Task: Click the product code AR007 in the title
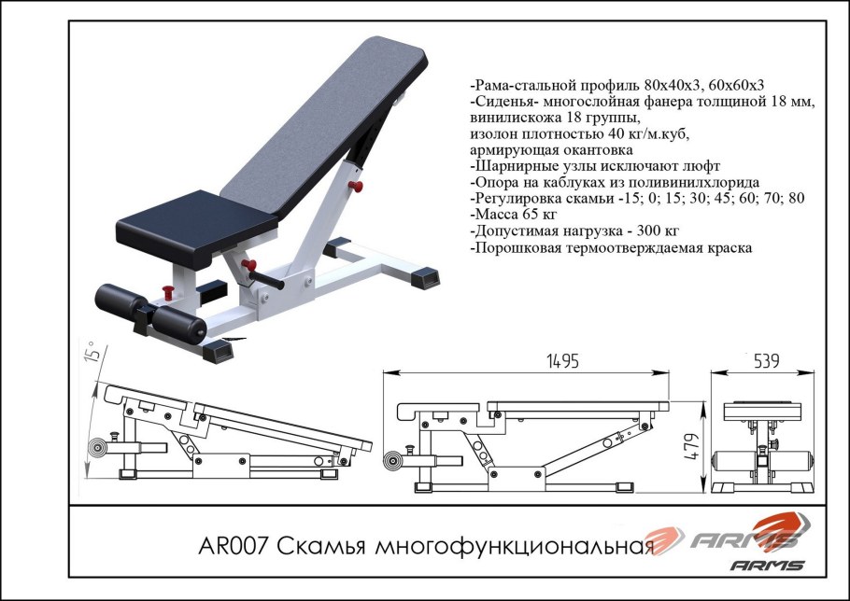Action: click(x=236, y=545)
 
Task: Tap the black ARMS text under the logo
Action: click(x=766, y=564)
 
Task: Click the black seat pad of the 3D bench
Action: click(x=196, y=223)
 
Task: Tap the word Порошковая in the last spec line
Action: click(x=523, y=249)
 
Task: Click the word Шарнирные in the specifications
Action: click(x=517, y=165)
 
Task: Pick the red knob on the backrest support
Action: click(x=353, y=187)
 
